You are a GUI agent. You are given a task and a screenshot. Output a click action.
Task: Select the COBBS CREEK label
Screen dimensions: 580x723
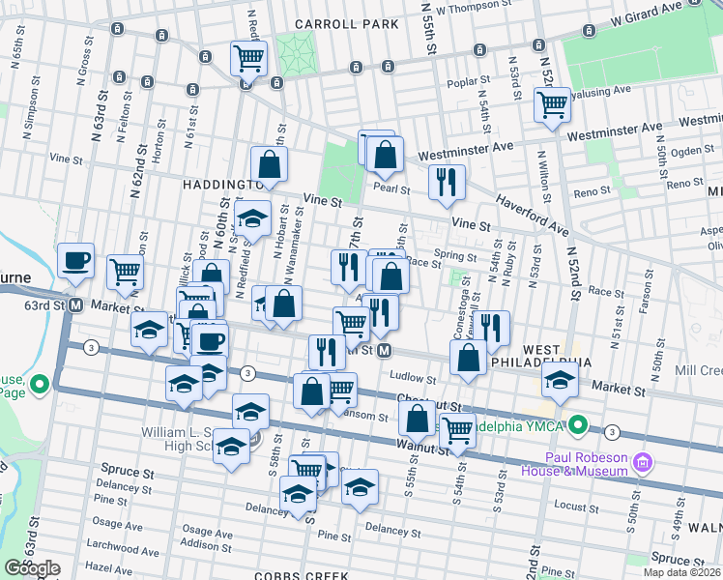pos(300,574)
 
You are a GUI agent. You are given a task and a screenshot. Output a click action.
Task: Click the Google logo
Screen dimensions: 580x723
pos(32,567)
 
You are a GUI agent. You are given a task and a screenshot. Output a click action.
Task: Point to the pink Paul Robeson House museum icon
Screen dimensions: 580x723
pos(642,464)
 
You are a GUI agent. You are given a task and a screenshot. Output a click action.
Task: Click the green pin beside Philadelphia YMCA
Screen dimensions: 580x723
pos(578,424)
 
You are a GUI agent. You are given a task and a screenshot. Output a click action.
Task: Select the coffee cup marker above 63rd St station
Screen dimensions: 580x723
pos(75,261)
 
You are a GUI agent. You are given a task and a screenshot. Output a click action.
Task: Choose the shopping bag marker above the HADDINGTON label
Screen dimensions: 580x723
pos(270,164)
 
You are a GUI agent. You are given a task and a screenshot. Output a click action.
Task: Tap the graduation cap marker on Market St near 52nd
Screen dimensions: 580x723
pos(560,380)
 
